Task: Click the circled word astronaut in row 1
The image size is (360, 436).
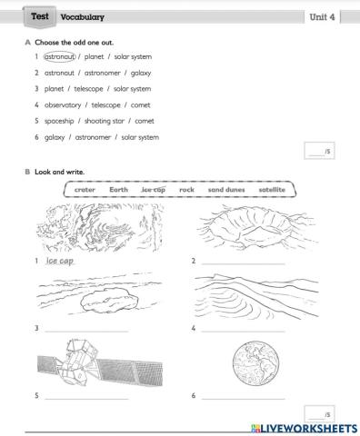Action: (x=60, y=56)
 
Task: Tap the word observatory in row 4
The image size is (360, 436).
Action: (x=62, y=104)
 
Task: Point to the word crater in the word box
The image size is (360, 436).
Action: (x=85, y=190)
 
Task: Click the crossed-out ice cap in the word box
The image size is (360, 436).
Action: (x=154, y=190)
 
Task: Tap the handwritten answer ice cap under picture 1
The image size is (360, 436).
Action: (x=60, y=261)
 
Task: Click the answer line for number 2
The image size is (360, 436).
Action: (x=242, y=263)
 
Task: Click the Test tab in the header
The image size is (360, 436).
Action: (x=39, y=16)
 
